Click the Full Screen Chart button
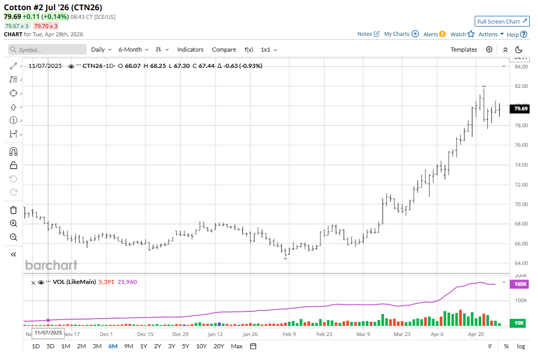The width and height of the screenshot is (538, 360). [502, 21]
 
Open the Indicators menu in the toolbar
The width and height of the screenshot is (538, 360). [190, 50]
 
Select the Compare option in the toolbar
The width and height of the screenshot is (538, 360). [224, 50]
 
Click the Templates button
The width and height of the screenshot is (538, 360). [463, 50]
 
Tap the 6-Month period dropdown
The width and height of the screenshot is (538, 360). [133, 50]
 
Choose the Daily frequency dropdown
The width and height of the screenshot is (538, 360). [101, 50]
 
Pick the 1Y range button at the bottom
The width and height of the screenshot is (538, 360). [144, 346]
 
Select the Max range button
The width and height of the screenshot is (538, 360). [236, 346]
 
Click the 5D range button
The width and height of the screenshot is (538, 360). [50, 346]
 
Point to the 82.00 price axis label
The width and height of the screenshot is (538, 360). [521, 86]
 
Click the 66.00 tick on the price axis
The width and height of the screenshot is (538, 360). [521, 244]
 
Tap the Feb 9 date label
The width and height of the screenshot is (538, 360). [289, 334]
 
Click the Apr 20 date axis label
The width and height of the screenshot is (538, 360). [476, 334]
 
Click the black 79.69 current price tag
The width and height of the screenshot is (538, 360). [521, 109]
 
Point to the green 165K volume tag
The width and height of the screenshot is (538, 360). [521, 284]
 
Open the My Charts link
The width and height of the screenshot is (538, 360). [401, 34]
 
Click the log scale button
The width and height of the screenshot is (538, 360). [521, 346]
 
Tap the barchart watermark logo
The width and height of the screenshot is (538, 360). [51, 265]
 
